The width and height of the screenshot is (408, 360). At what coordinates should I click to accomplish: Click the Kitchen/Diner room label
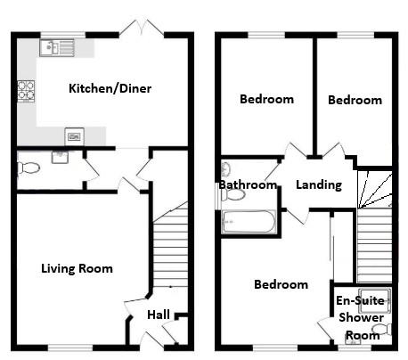[110, 88]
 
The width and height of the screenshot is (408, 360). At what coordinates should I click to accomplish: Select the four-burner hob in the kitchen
[25, 89]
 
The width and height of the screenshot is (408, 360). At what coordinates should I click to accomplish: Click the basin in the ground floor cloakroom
[60, 157]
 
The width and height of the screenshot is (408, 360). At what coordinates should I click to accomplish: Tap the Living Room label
[77, 267]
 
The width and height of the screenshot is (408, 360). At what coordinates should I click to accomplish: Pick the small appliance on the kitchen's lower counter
[74, 136]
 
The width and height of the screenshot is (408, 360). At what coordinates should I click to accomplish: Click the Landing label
[319, 185]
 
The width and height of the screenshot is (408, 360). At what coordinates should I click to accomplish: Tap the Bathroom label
[248, 184]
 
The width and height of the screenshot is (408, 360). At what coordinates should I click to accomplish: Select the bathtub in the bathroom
[250, 220]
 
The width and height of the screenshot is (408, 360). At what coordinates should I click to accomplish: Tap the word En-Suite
[360, 301]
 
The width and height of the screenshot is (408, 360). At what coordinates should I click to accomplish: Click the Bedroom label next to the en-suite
[281, 284]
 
